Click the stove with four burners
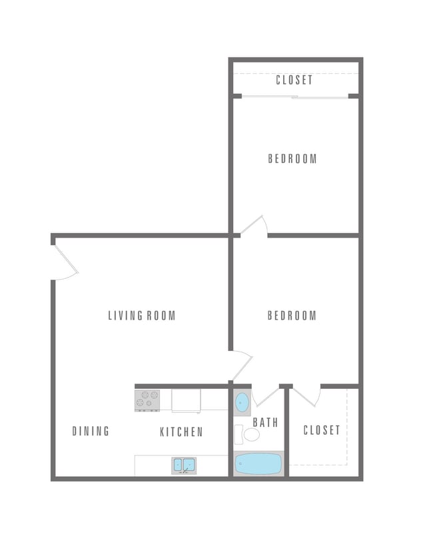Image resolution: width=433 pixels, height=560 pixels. coord(147,400)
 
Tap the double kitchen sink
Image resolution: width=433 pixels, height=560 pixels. coord(185,465)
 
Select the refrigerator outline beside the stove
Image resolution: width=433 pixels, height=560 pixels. coord(186,400)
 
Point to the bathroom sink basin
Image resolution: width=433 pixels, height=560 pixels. coord(242,403)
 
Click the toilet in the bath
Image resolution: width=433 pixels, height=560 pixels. coord(250,435)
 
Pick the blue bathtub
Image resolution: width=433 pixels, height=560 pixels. coord(258,463)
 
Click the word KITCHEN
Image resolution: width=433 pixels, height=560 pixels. coord(181,432)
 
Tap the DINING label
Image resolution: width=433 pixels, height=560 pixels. coord(91,431)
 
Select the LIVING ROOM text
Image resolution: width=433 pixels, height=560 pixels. coord(142,316)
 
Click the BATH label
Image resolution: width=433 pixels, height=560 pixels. coord(265,422)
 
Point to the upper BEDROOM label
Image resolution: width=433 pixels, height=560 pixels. coord(292,159)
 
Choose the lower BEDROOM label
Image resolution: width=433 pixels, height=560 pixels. coord(292,316)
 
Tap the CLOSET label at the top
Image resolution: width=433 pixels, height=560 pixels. coord(294,80)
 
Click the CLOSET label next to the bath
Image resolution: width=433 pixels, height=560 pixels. coord(322,430)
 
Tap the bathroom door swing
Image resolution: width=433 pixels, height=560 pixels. coord(266,396)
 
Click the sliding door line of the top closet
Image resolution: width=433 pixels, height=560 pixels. coord(294,98)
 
